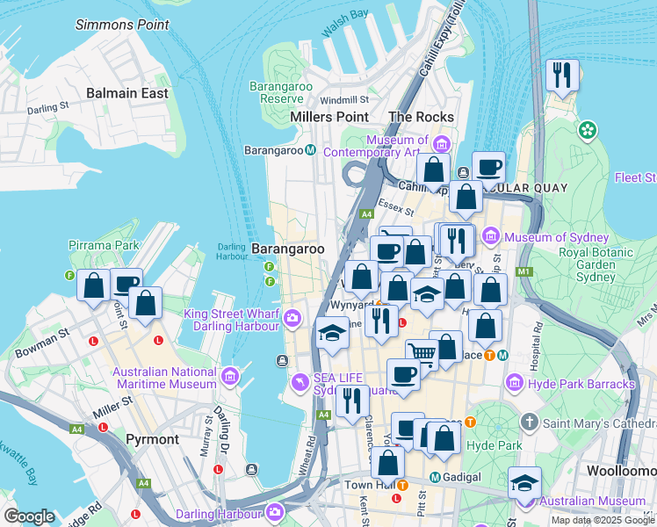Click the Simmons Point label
pos(122,25)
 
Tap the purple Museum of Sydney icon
pos(490,237)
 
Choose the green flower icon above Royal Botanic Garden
pos(587,131)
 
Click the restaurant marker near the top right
pos(560,76)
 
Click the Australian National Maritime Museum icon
pos(230,377)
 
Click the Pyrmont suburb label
pos(153,439)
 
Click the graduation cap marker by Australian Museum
pos(524,482)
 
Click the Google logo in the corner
pos(28,516)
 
